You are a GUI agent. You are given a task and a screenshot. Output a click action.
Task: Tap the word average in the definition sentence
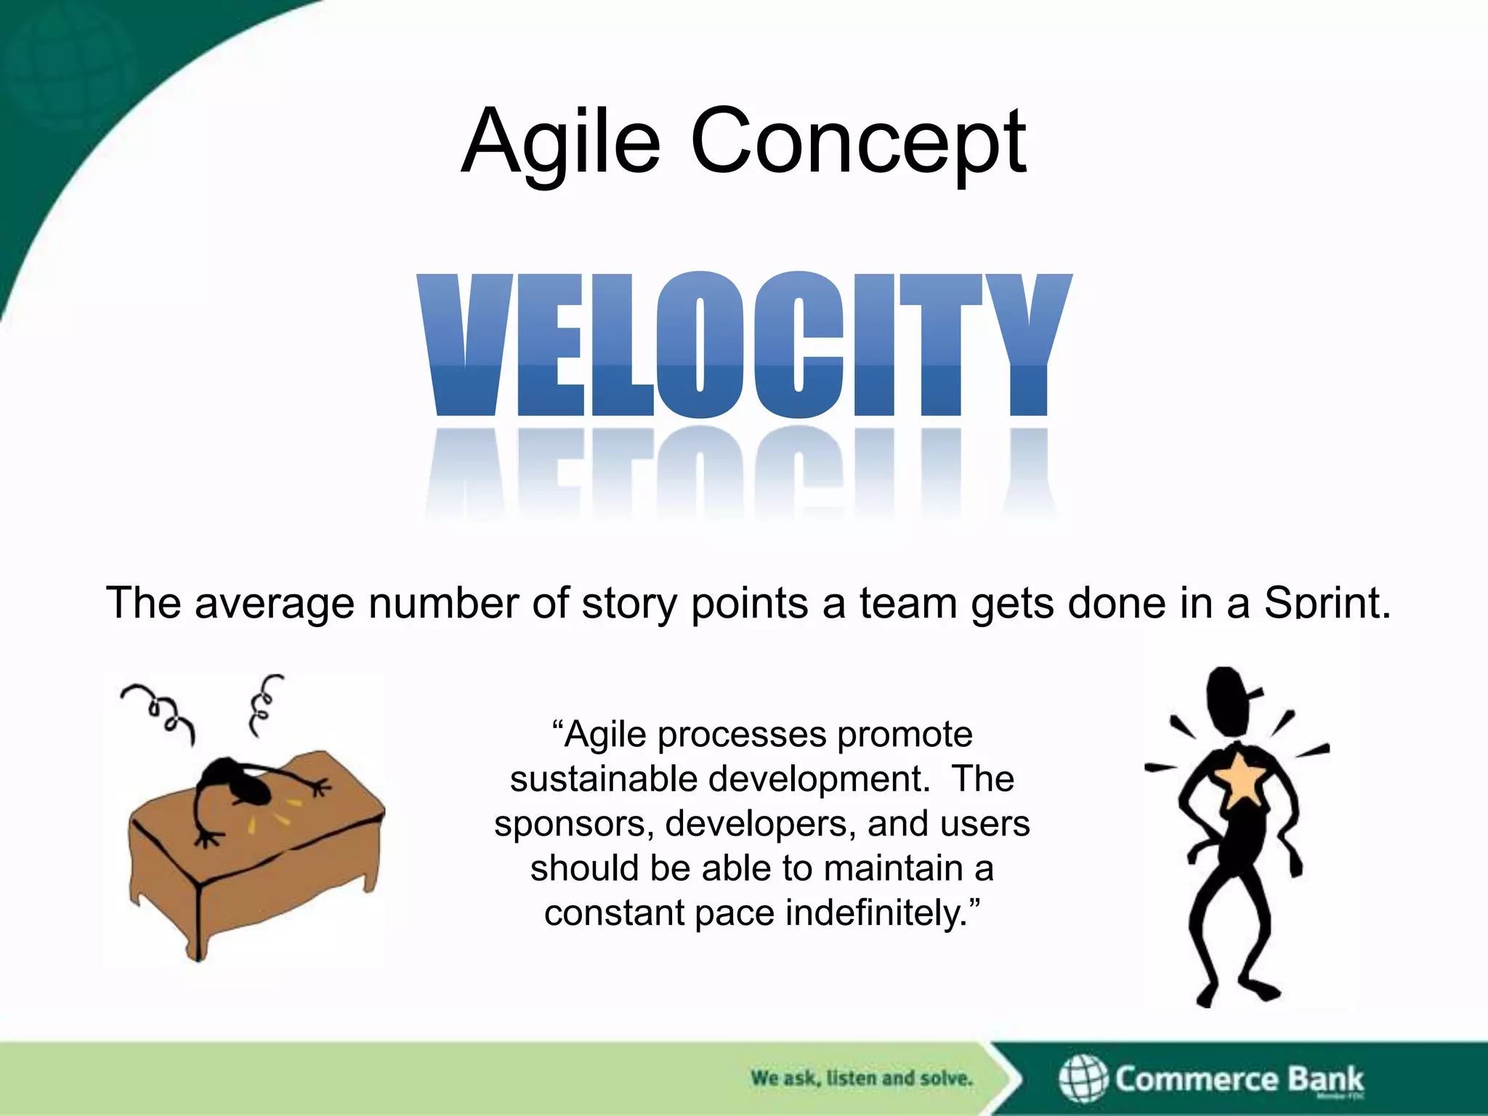(x=274, y=603)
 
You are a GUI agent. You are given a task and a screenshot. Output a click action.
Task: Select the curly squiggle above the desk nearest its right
(x=263, y=702)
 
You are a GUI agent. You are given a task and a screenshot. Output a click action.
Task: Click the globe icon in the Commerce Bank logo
(x=1082, y=1078)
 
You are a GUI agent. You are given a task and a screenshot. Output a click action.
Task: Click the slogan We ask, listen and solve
(x=861, y=1078)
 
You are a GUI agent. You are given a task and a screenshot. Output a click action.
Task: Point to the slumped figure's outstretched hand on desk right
(x=318, y=786)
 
